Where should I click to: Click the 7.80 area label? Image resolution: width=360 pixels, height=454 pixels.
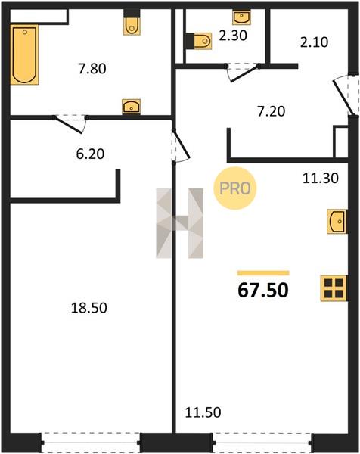[x=92, y=69]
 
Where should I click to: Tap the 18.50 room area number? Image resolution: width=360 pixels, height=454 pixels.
[x=89, y=308]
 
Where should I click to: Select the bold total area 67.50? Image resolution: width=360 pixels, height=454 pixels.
[x=263, y=290]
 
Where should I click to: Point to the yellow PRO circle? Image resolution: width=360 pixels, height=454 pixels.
[x=235, y=188]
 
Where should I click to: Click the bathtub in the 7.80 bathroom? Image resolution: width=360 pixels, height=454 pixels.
[x=24, y=54]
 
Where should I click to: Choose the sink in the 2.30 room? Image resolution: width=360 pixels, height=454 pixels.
[x=241, y=17]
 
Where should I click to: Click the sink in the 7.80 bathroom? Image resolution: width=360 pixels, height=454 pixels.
[x=131, y=107]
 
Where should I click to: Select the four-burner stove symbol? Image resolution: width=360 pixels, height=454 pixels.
[x=334, y=288]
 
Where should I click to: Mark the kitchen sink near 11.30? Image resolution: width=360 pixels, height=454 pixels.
[x=337, y=222]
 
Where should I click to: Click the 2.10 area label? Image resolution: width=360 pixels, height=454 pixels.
[x=315, y=42]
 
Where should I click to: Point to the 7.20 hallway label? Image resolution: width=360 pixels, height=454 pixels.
[x=272, y=111]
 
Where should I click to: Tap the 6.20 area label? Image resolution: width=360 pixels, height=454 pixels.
[x=90, y=154]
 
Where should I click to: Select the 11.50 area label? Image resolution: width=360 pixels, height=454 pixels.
[x=203, y=412]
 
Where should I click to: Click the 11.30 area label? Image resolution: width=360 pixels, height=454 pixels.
[x=321, y=178]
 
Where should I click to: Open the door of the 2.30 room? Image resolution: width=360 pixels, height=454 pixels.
[x=243, y=72]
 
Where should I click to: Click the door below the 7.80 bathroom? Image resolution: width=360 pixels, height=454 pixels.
[x=70, y=124]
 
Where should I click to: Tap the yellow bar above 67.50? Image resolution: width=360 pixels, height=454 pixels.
[x=263, y=273]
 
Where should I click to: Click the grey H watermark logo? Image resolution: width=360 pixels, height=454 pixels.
[x=180, y=223]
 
